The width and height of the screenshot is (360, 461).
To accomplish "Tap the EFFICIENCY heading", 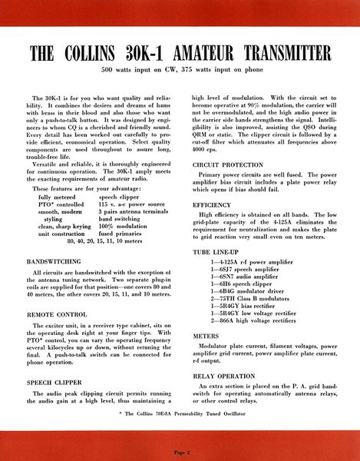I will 213,206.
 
